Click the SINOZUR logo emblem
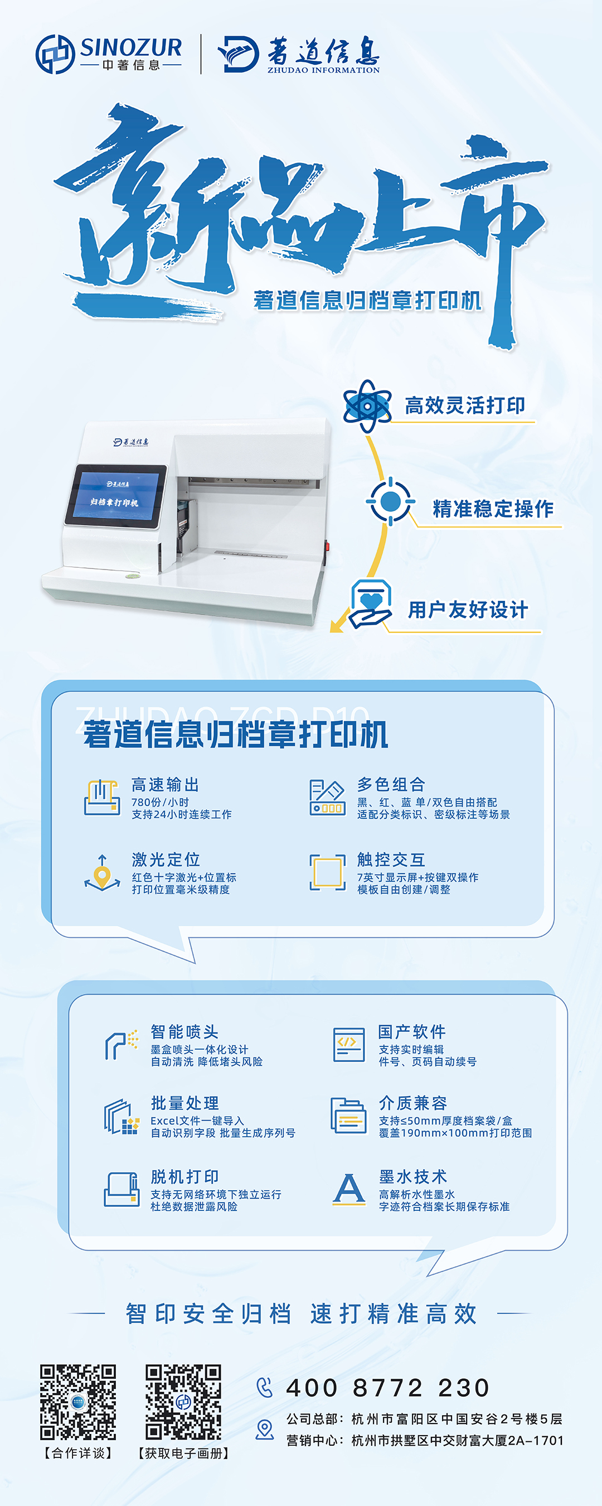coord(55,54)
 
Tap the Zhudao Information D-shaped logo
coord(239,54)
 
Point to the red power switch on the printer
coord(327,546)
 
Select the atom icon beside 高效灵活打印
coord(367,406)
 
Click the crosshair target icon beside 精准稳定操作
coord(390,501)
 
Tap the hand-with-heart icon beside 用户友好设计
coord(371,605)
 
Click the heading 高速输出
coord(166,785)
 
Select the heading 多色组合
coord(391,785)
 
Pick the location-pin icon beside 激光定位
coord(102,873)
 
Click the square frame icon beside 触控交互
coord(327,873)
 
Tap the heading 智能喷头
coord(185,1032)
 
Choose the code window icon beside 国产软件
coord(349,1045)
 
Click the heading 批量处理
coord(185,1103)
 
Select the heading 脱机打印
coord(185,1177)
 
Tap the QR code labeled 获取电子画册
coord(183,1402)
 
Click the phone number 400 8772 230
coord(387,1387)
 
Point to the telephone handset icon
coord(265,1387)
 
